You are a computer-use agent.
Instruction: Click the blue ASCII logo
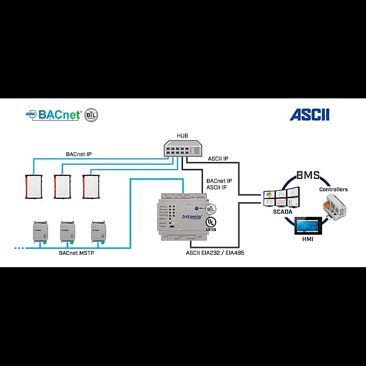tap(309, 114)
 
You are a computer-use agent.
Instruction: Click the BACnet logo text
tap(59, 114)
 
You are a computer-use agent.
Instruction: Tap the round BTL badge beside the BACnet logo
tap(91, 115)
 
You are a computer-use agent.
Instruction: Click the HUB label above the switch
tap(182, 136)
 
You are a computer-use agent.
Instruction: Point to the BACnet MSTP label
tap(76, 253)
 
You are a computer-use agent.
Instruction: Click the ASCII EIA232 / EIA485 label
tap(214, 252)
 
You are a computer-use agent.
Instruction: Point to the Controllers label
tap(333, 189)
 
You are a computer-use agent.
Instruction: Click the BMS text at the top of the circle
tap(308, 175)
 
